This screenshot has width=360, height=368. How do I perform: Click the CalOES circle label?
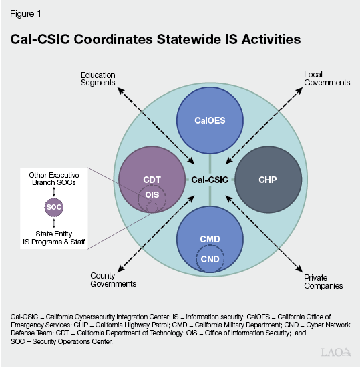pos(210,120)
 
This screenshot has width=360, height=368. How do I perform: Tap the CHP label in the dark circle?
pos(268,180)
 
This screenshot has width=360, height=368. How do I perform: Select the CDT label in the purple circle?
pos(152,180)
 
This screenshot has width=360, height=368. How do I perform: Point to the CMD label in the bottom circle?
pos(210,239)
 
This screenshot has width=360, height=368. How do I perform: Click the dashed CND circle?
pos(196,259)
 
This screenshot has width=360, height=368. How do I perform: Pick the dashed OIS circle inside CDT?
pos(138,199)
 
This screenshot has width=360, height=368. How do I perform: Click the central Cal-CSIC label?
pos(210,180)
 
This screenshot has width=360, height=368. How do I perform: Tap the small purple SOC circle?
pos(54,207)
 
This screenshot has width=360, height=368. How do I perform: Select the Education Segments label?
pos(98,79)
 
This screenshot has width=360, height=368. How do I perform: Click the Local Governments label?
pos(327,79)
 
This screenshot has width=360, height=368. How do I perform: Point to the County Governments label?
pos(113,280)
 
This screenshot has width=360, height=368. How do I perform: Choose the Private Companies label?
pos(323,282)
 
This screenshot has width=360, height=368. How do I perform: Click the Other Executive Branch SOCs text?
pos(54,179)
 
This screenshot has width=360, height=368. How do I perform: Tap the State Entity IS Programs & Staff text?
pos(54,238)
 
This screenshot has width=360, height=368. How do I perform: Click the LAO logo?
pos(336,352)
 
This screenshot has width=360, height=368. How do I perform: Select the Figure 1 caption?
pos(25,14)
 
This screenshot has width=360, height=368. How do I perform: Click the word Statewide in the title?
pos(189,39)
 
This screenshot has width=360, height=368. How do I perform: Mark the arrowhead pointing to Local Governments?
pos(299,91)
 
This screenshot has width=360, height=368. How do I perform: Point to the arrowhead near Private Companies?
pos(299,269)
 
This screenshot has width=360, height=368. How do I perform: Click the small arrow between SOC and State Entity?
pos(54,224)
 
